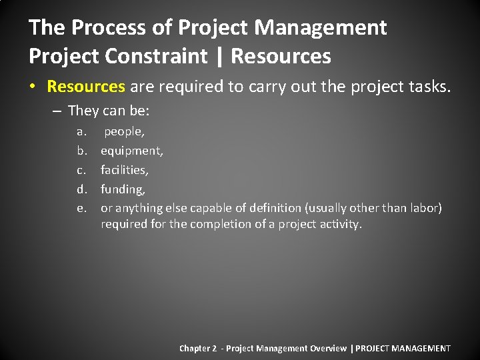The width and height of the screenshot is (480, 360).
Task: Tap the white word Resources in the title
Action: coord(281,56)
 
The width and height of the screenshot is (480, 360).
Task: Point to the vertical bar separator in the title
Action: coord(219,56)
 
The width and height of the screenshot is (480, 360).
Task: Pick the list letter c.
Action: coord(81,170)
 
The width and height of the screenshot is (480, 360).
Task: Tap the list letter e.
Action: coord(81,208)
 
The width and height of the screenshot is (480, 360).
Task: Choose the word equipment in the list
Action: coord(131,151)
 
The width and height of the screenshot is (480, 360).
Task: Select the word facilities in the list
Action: coord(124,170)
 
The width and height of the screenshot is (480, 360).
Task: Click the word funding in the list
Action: coord(123,189)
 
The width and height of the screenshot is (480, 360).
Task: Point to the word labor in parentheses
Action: coord(424,208)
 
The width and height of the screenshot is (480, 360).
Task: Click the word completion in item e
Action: coord(215,224)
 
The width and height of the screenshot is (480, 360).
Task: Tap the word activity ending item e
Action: coord(339,224)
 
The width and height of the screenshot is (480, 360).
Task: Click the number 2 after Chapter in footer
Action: coord(214,348)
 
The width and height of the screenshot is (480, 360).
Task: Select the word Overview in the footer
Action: coord(327,348)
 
